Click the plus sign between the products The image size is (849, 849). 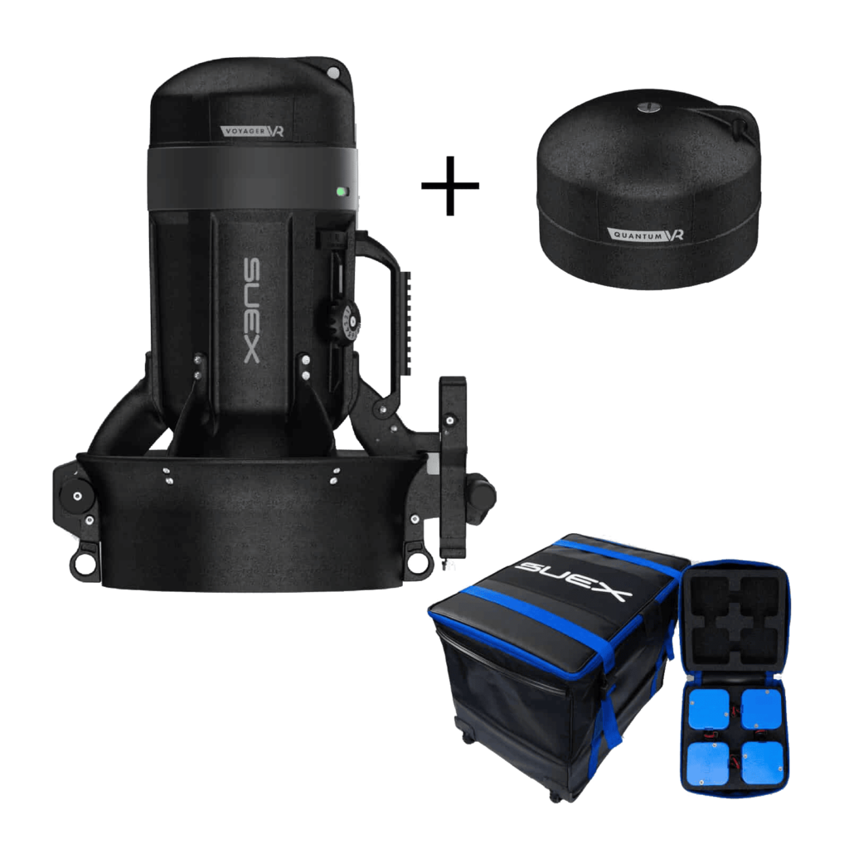click(450, 185)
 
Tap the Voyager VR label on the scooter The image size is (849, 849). click(252, 130)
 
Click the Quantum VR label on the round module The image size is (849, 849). click(646, 235)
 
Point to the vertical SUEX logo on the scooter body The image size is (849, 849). click(252, 310)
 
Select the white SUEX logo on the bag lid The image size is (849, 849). click(573, 580)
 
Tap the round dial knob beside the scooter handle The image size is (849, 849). click(344, 323)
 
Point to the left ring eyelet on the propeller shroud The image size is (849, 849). click(83, 563)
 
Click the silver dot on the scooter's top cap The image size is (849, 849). click(334, 73)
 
